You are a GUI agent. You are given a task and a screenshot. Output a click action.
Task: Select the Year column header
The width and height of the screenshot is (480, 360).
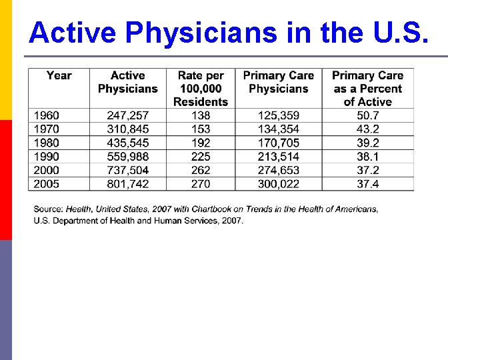point(59,75)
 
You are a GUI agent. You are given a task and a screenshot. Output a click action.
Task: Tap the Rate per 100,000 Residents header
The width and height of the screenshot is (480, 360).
point(201,89)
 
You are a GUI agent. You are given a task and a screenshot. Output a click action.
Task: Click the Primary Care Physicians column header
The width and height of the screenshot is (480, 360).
point(279,82)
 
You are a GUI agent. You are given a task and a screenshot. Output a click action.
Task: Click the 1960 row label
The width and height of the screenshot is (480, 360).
point(46,115)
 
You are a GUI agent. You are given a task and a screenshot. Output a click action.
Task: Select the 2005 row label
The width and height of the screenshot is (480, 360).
point(46,183)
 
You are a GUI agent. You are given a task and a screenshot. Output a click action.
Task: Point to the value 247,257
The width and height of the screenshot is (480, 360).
point(128,115)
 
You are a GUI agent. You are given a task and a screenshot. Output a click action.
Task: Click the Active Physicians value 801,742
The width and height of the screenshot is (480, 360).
point(128,183)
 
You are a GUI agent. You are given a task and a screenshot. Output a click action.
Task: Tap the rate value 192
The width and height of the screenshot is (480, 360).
point(201,143)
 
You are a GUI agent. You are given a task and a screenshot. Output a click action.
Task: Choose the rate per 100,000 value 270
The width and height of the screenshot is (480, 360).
point(201,183)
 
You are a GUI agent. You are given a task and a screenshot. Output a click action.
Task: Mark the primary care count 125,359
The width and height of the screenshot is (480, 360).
point(279,115)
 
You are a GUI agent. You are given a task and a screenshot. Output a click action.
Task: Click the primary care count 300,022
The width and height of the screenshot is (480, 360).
point(279,183)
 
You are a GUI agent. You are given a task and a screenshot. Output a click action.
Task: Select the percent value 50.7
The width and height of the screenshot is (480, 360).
point(367,115)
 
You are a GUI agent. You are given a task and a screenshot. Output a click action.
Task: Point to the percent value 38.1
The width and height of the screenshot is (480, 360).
point(367,156)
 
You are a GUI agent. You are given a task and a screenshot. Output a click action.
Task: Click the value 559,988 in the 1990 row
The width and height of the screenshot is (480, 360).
point(128,156)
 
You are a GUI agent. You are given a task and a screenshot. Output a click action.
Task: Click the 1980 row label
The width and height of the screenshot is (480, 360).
point(46,143)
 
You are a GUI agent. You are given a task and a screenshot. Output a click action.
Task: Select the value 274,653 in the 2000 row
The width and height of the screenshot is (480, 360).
point(279,170)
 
